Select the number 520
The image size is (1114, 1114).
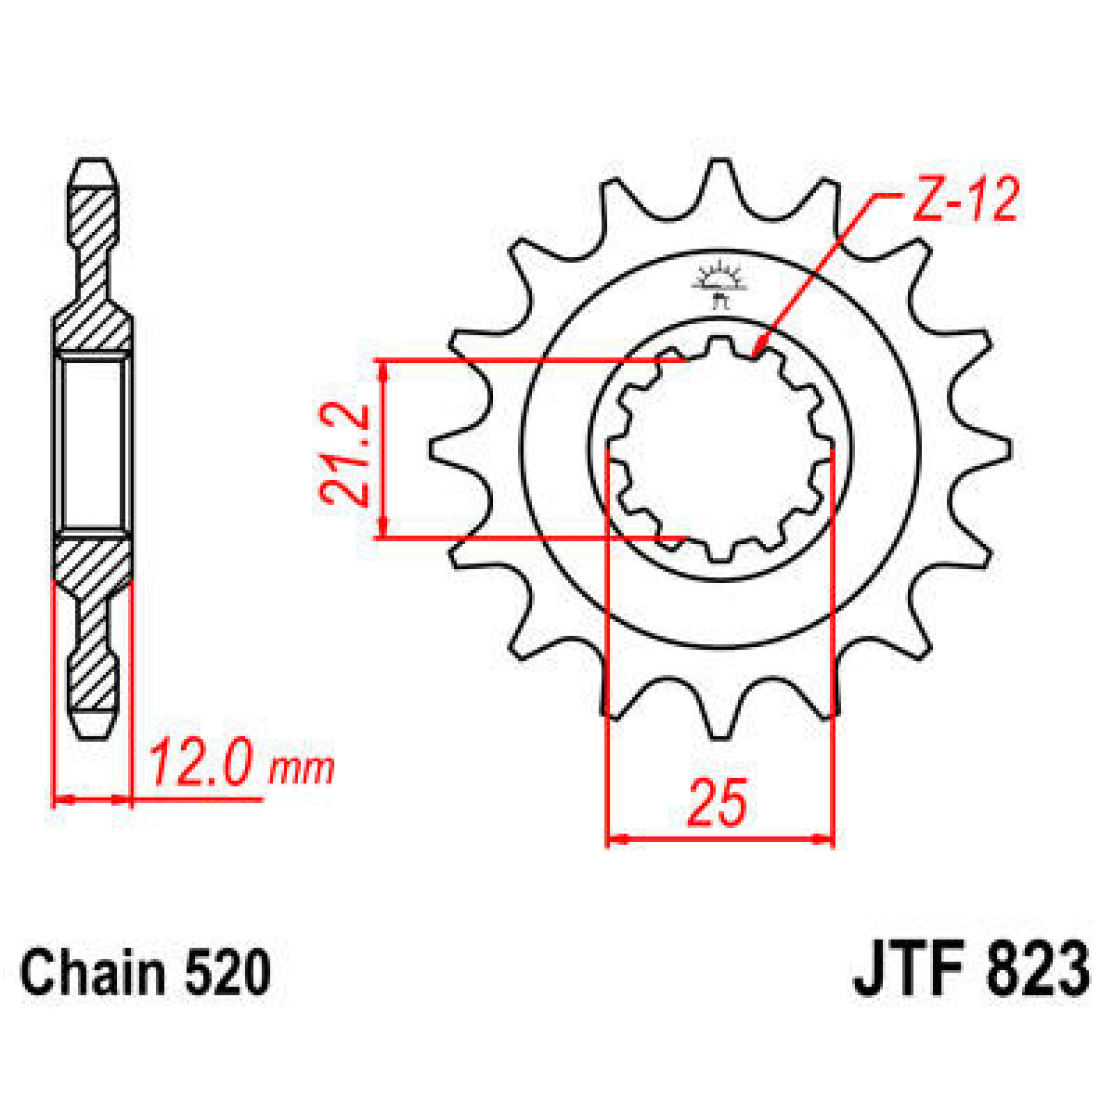(x=228, y=973)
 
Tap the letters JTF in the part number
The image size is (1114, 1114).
(x=906, y=971)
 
